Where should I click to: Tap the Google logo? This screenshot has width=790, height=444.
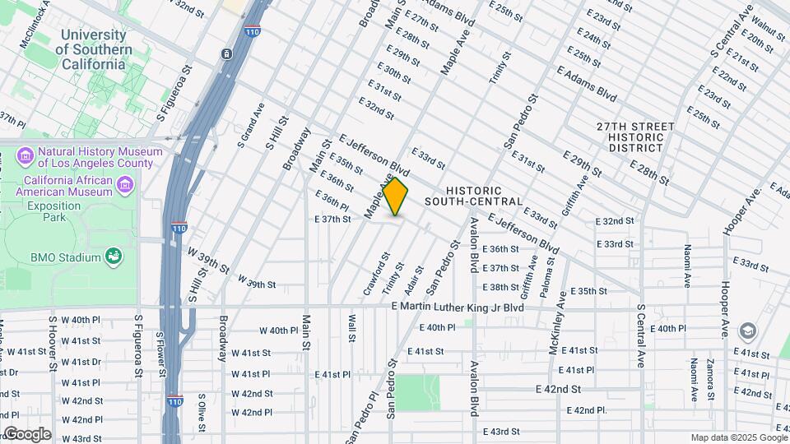point(26,433)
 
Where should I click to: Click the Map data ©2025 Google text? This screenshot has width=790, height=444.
point(738,437)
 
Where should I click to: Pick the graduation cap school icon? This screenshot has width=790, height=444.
point(747,331)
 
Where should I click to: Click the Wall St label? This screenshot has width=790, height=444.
point(351,327)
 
